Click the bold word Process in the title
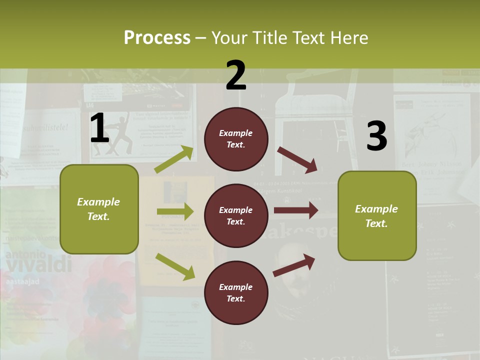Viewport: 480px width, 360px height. coord(157,38)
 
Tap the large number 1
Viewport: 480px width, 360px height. coord(99,128)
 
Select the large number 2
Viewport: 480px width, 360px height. coord(236,75)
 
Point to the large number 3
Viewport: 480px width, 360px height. coord(376,136)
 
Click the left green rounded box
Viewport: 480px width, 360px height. coord(99,209)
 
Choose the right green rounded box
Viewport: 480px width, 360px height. coord(377,215)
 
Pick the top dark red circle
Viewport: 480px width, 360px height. coord(236,139)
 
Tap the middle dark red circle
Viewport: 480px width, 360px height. coord(236,215)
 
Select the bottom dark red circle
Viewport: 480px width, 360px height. coord(236,292)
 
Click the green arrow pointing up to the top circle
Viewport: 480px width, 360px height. coord(174,159)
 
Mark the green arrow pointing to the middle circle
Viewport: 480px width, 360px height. coord(174,211)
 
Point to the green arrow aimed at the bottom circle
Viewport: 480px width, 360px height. coord(175,266)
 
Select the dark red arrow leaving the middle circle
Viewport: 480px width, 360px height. coord(295,210)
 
